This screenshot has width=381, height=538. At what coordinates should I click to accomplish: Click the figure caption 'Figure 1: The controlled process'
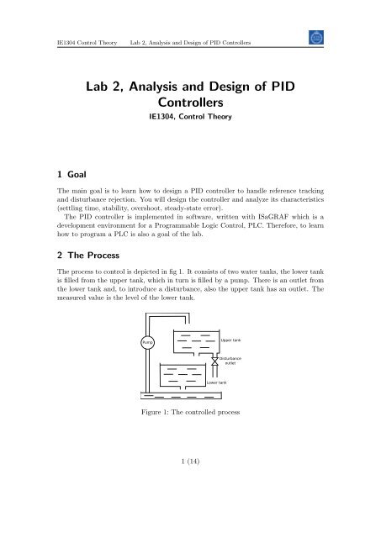point(190,438)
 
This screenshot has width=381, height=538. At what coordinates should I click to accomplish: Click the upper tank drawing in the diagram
point(194,343)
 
